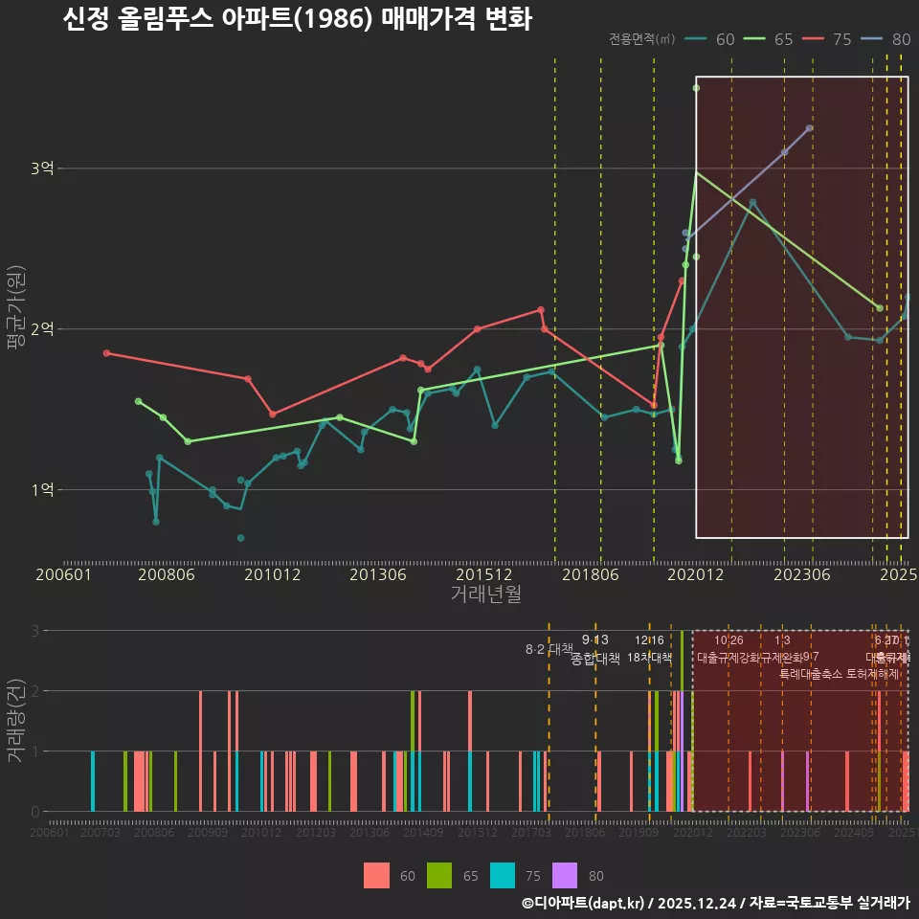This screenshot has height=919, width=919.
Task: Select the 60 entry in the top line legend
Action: pyautogui.click(x=714, y=39)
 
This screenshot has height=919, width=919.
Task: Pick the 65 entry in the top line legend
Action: pyautogui.click(x=772, y=39)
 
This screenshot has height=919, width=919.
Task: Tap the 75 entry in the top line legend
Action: pyautogui.click(x=830, y=39)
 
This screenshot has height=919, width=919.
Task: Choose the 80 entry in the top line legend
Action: pyautogui.click(x=888, y=39)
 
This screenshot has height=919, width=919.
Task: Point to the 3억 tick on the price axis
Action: pyautogui.click(x=42, y=168)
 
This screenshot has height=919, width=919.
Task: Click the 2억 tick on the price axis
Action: pyautogui.click(x=42, y=329)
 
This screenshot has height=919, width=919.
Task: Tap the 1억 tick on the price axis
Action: pyautogui.click(x=42, y=490)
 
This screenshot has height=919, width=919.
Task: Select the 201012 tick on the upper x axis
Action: pyautogui.click(x=273, y=575)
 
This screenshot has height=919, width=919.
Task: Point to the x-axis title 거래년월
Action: pyautogui.click(x=485, y=594)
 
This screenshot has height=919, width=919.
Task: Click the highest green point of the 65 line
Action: pyautogui.click(x=696, y=88)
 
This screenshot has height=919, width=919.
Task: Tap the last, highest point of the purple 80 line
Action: pyautogui.click(x=809, y=127)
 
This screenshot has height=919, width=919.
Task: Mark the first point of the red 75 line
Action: pyautogui.click(x=106, y=353)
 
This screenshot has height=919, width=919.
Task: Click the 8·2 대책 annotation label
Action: pyautogui.click(x=549, y=649)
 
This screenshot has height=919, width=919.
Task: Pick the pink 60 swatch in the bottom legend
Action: pyautogui.click(x=377, y=875)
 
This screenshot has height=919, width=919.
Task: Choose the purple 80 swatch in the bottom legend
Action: pyautogui.click(x=566, y=875)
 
